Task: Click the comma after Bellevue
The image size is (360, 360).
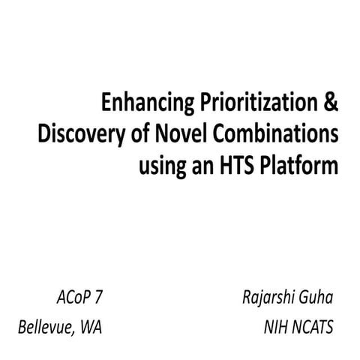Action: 76,332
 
